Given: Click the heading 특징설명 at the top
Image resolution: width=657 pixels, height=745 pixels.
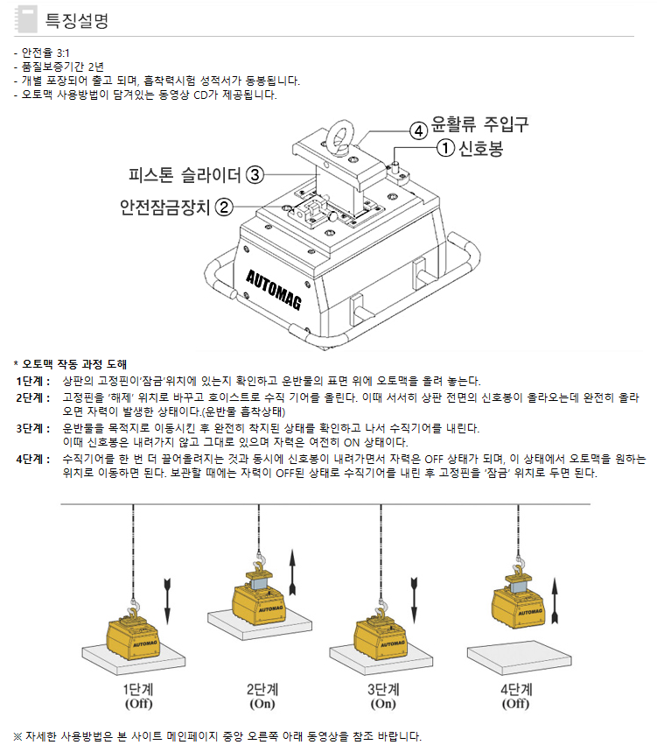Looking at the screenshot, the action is point(76,20).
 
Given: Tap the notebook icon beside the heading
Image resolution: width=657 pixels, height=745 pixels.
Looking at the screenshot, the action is point(26,19).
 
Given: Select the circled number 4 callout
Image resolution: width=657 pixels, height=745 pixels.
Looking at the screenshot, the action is point(418,130).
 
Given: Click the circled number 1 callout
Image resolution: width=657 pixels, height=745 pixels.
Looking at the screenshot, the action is point(445,148).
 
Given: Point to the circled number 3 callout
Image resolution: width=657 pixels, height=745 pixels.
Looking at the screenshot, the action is point(255,175).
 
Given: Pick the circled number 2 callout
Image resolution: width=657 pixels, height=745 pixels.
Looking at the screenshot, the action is point(225,207).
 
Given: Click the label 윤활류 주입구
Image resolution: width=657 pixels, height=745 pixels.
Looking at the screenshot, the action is point(479,124).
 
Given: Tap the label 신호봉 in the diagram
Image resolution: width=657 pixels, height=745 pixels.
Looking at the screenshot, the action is point(480,148).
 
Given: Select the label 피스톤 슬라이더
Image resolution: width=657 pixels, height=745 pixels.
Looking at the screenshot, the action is point(185,175).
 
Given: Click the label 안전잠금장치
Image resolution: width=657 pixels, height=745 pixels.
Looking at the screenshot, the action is point(164,207).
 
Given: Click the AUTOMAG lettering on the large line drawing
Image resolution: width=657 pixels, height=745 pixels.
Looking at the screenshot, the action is point(274,291).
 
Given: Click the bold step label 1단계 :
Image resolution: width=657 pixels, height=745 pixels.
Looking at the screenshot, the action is point(32,381).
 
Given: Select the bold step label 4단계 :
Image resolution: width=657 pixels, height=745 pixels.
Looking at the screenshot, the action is point(32,460).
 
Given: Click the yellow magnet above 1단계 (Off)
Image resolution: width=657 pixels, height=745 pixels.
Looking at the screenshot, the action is point(132,638).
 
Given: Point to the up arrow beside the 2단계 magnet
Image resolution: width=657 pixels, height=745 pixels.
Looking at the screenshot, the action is point(292,572).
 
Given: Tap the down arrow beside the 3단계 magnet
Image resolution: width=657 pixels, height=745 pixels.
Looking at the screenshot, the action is point(414,601).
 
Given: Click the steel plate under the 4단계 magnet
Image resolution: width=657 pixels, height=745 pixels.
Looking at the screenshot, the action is point(520,657).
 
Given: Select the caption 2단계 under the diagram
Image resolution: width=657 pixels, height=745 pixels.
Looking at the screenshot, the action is point(262,689).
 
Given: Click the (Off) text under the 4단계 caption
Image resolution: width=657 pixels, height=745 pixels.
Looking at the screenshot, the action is point(515,704).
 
